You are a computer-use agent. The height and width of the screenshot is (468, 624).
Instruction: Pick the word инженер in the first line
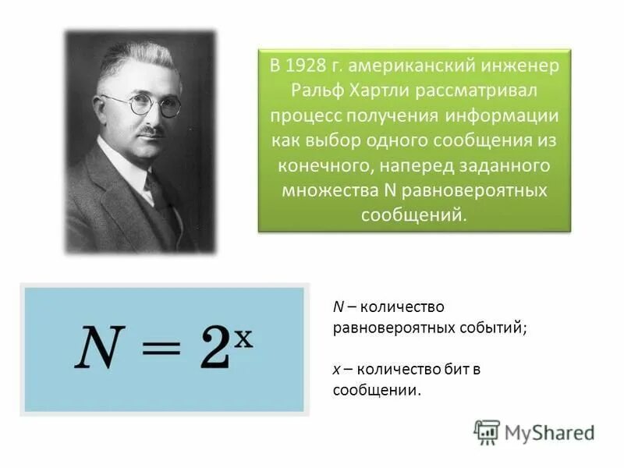524,66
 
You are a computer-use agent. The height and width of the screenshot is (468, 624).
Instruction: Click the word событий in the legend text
499,328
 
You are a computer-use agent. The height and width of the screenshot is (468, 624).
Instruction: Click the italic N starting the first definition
337,307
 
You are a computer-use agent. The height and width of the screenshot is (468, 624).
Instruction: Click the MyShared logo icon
487,431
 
